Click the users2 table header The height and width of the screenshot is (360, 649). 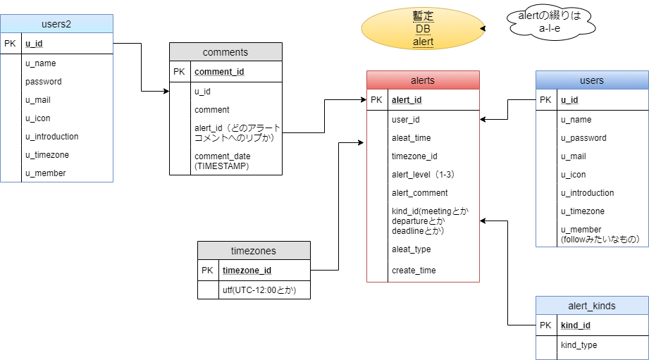56,24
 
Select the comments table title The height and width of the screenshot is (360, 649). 225,52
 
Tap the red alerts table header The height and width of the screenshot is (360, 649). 423,80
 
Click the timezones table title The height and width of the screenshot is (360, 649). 254,251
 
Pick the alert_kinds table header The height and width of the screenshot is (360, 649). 592,306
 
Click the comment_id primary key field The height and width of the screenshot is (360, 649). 219,72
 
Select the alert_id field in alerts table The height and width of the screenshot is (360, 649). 407,100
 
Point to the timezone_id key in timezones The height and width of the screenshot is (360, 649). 247,271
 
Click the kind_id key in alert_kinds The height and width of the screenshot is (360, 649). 576,325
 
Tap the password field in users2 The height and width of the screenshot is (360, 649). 44,82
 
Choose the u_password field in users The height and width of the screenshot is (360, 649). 583,138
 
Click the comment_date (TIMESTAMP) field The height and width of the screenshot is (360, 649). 222,161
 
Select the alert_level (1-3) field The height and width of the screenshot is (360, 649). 423,175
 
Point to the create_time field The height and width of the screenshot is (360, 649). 414,271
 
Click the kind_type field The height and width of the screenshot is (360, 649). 579,345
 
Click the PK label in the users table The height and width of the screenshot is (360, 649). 546,100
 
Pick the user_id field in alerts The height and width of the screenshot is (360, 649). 405,120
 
